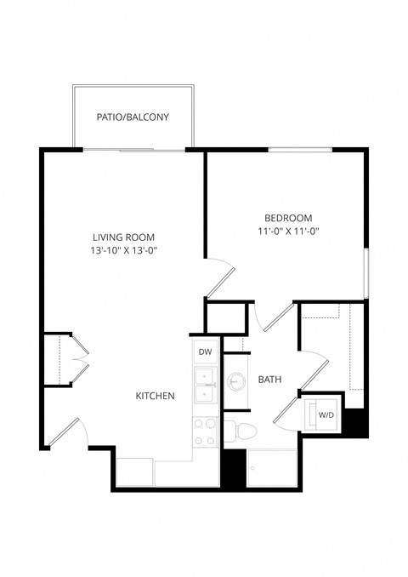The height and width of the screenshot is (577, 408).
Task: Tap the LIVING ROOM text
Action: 124,237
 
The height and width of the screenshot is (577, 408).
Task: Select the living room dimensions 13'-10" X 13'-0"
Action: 124,250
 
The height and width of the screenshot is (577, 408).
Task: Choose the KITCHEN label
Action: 156,397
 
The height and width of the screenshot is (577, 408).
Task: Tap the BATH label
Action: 269,380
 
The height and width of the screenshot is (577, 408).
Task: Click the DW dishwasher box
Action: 205,351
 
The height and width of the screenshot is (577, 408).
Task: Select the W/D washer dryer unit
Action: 326,414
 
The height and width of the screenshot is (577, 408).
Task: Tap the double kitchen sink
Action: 205,385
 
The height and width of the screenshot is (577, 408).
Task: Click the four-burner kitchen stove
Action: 205,431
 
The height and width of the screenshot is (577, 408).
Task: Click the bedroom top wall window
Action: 299,151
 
